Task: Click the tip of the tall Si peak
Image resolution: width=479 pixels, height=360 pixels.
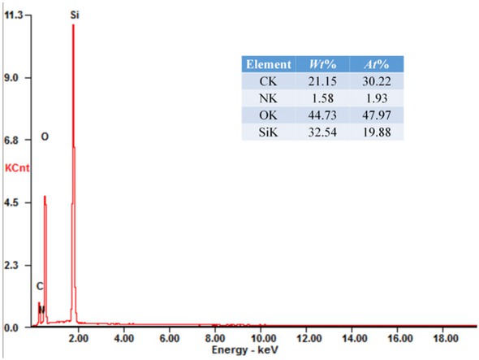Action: coord(73,24)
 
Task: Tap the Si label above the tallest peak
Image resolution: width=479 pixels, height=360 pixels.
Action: coord(75,15)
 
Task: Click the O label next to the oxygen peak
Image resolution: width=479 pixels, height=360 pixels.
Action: coord(45,137)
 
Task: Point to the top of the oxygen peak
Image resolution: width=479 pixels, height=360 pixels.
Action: coord(45,197)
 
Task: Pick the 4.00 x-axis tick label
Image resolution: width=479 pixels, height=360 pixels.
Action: coord(124,336)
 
